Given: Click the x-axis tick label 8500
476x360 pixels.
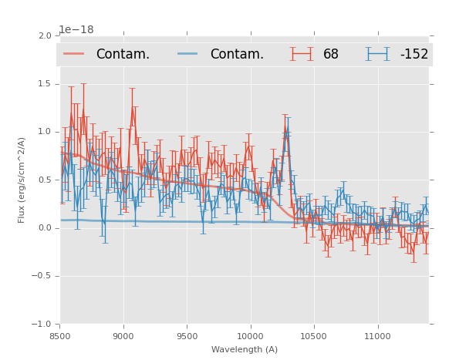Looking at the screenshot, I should [60, 336].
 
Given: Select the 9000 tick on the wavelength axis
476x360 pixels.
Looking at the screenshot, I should [123, 336].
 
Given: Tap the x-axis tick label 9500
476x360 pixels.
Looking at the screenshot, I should [187, 336].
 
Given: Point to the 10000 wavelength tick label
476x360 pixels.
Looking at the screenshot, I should [250, 336].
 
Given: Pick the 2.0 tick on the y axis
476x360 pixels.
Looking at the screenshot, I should [44, 36].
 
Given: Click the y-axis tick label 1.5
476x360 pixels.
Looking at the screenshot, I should [44, 84].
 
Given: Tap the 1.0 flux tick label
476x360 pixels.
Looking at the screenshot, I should [44, 132].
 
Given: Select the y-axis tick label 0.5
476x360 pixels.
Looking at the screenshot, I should [44, 180].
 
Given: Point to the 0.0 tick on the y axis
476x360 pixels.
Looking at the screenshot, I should [44, 228].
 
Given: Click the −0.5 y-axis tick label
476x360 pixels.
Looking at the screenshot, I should [42, 276].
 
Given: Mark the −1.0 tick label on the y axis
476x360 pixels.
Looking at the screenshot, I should [42, 324].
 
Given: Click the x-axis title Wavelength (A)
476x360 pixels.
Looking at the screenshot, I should [245, 349].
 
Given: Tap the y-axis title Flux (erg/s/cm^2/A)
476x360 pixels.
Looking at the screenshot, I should [22, 180].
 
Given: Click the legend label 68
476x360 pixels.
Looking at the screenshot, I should [331, 55].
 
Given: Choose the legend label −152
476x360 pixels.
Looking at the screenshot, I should [414, 55].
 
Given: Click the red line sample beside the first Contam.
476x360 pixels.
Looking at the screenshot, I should [74, 54].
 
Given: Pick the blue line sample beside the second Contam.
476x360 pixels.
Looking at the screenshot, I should [188, 54].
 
